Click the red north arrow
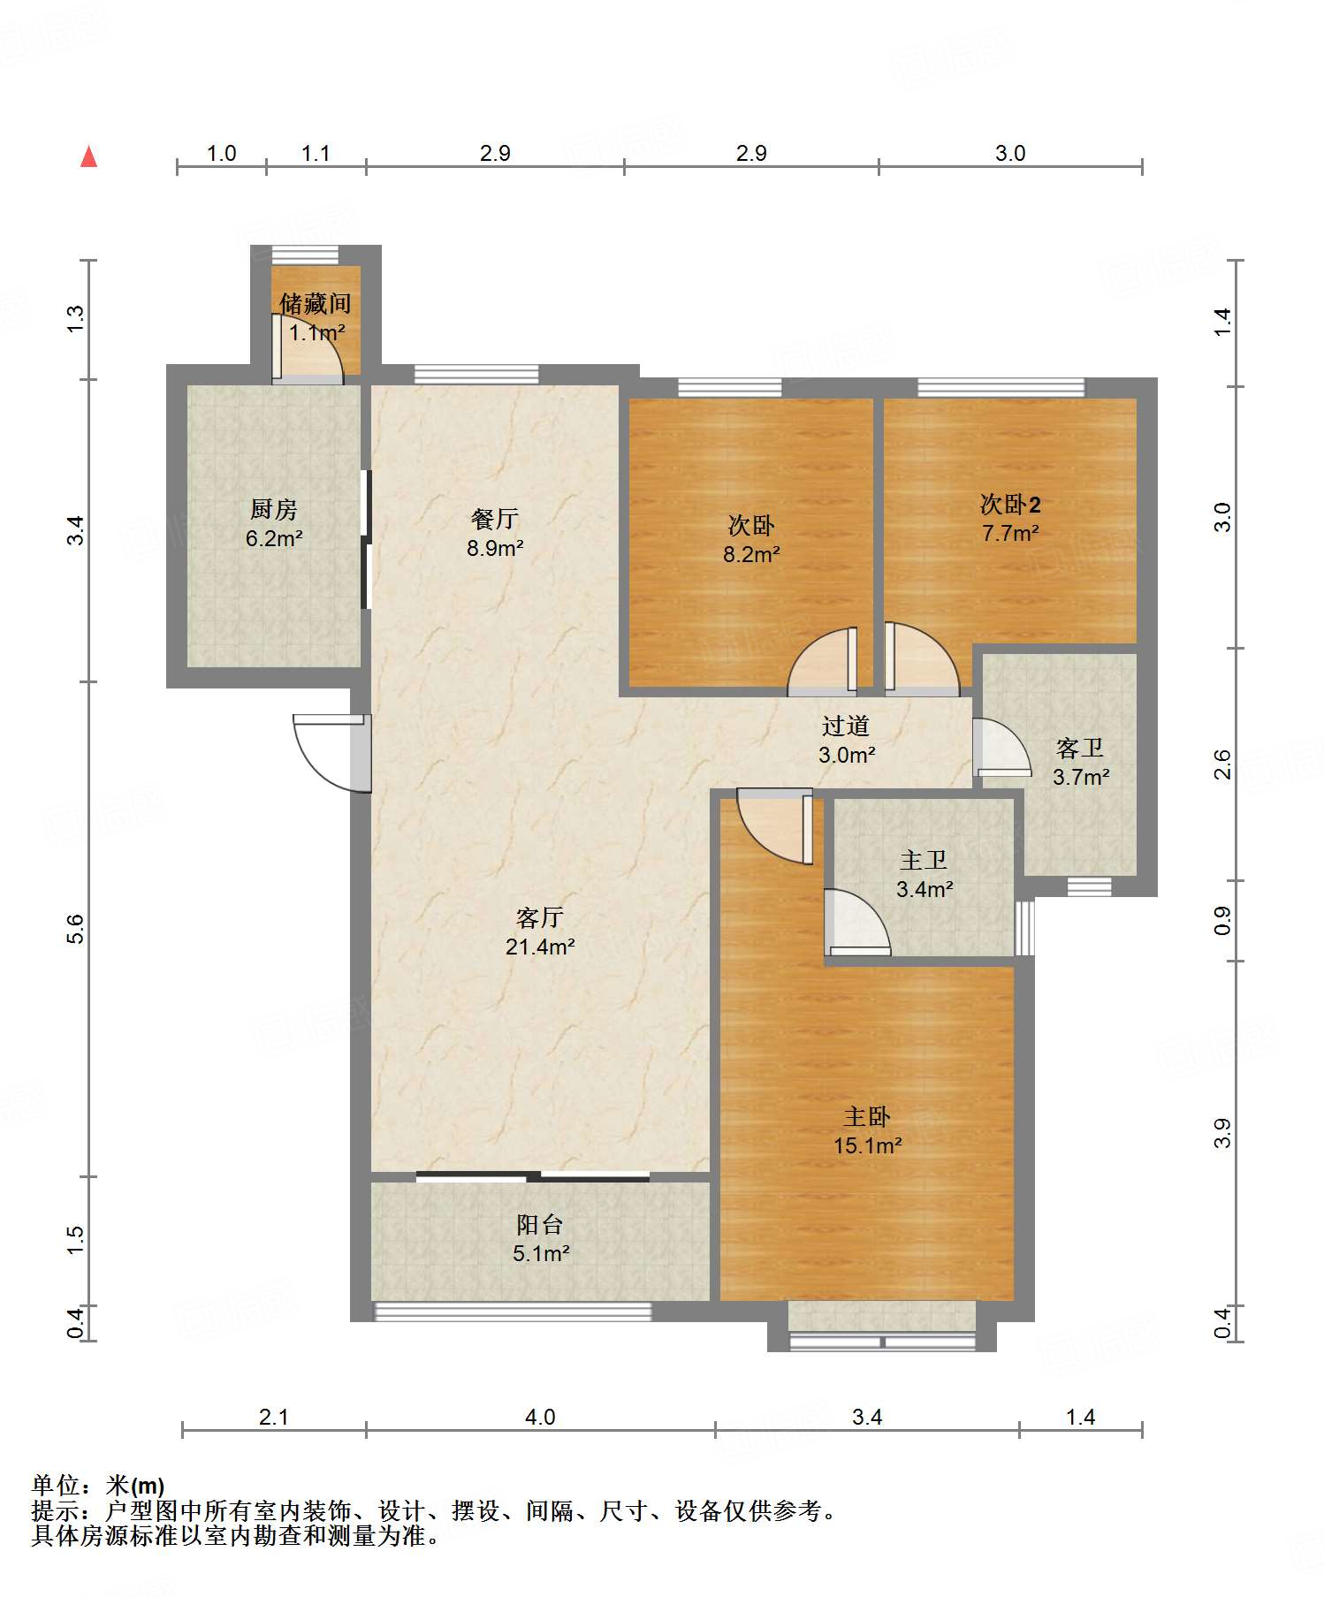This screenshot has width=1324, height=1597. (x=88, y=156)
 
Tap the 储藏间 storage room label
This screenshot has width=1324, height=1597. (x=316, y=304)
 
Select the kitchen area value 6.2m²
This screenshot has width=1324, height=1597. (x=274, y=537)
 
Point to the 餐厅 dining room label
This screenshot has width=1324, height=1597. (x=495, y=519)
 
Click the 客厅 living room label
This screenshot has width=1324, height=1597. (x=540, y=917)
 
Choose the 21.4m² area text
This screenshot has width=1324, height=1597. (x=540, y=947)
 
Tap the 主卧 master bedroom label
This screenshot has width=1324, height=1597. (x=867, y=1116)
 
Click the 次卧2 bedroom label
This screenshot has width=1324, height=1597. (x=1010, y=504)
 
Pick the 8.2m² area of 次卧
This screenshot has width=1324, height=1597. (x=751, y=554)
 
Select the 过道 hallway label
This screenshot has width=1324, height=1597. (x=846, y=726)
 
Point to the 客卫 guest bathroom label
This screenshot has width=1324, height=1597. (x=1080, y=749)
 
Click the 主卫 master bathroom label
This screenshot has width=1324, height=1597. (x=924, y=860)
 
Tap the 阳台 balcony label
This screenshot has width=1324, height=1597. (x=540, y=1224)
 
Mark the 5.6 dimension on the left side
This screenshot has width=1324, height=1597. (x=76, y=929)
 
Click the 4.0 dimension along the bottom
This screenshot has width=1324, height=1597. (x=540, y=1418)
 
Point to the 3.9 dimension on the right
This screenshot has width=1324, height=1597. (x=1222, y=1133)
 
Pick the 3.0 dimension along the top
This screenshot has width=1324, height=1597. (x=1010, y=153)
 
